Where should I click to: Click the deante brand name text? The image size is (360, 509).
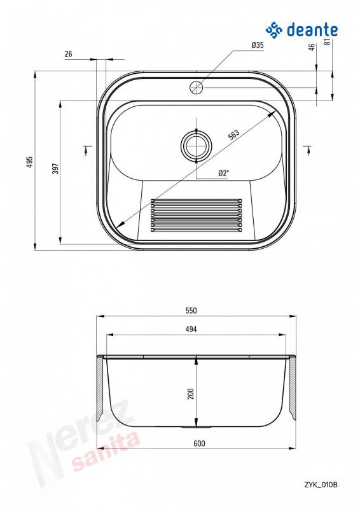tap(312, 30)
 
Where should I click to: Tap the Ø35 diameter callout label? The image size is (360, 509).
tap(258, 45)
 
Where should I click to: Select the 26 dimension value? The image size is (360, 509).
tap(69, 54)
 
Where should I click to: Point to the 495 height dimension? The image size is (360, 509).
tap(30, 162)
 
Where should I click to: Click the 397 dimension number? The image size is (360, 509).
tap(55, 169)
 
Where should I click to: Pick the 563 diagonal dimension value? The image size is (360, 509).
tap(233, 134)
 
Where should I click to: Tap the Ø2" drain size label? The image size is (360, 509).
tap(224, 173)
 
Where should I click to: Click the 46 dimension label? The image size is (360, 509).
tap(312, 47)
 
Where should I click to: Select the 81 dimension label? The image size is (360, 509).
tap(327, 41)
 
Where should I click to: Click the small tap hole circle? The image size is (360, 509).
tap(196, 87)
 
